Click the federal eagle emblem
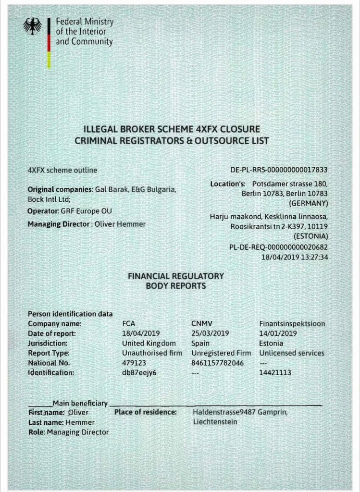pos(33,26)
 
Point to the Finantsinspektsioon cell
pos(292,324)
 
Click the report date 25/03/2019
pos(210,333)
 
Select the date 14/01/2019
pos(278,333)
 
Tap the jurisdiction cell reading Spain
pos(200,344)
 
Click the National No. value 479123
pos(134,363)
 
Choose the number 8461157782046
pos(217,363)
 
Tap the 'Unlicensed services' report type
pos(292,353)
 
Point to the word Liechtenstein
pos(215,422)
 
